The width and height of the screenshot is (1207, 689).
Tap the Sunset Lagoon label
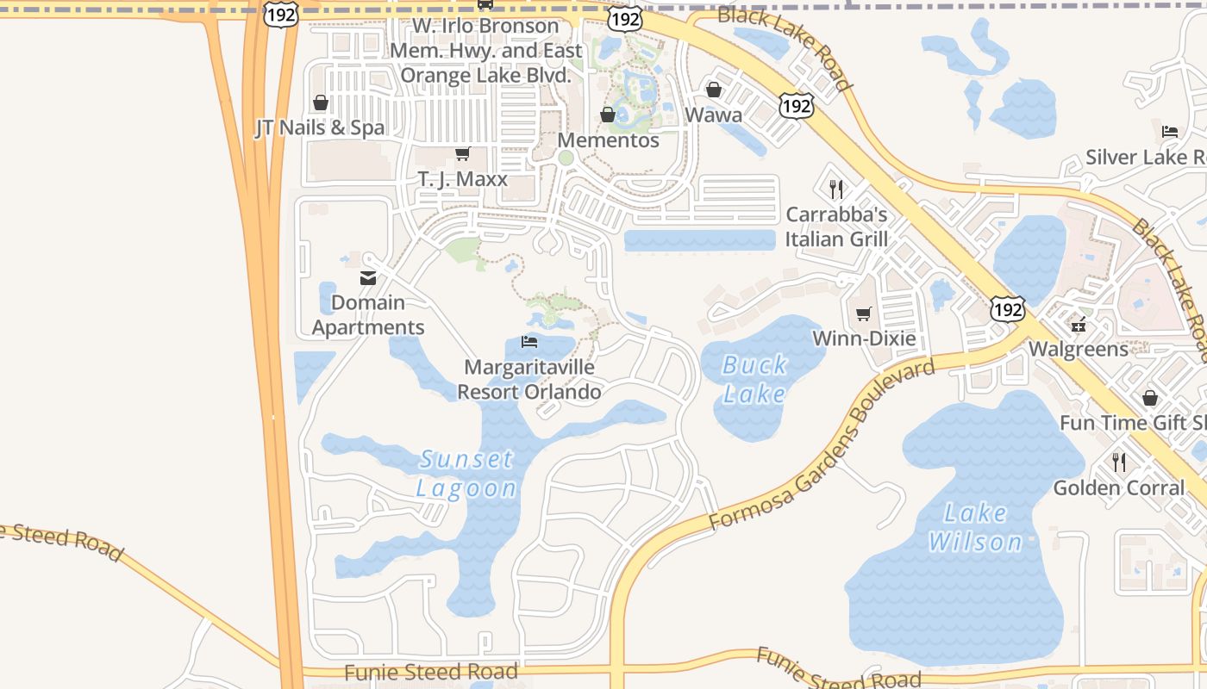click(x=466, y=474)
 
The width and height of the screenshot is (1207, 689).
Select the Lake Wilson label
click(x=975, y=527)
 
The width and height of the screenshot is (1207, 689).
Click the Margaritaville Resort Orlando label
click(x=529, y=380)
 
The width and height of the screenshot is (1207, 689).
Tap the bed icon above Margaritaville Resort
click(x=529, y=342)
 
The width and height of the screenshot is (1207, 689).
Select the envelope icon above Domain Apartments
click(x=368, y=278)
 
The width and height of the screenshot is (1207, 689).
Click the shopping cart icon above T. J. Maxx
click(x=463, y=154)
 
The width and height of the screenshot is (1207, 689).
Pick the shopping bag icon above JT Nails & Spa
click(x=321, y=103)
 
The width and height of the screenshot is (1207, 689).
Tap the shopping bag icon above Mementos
click(x=608, y=115)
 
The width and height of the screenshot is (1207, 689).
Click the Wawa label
click(x=714, y=115)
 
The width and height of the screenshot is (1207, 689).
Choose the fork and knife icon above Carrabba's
click(x=835, y=189)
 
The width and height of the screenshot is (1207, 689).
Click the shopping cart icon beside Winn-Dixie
click(x=864, y=313)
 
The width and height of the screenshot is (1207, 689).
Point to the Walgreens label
click(x=1079, y=349)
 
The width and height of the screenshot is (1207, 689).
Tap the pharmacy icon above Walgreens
click(x=1078, y=325)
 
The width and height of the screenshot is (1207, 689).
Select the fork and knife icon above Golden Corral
click(x=1119, y=462)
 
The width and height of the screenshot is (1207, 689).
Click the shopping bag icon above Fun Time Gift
click(x=1149, y=398)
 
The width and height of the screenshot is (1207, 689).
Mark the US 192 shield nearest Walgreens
click(x=1007, y=310)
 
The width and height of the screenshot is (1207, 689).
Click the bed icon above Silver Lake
click(x=1170, y=132)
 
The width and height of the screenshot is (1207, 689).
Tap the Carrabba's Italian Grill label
click(x=836, y=227)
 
